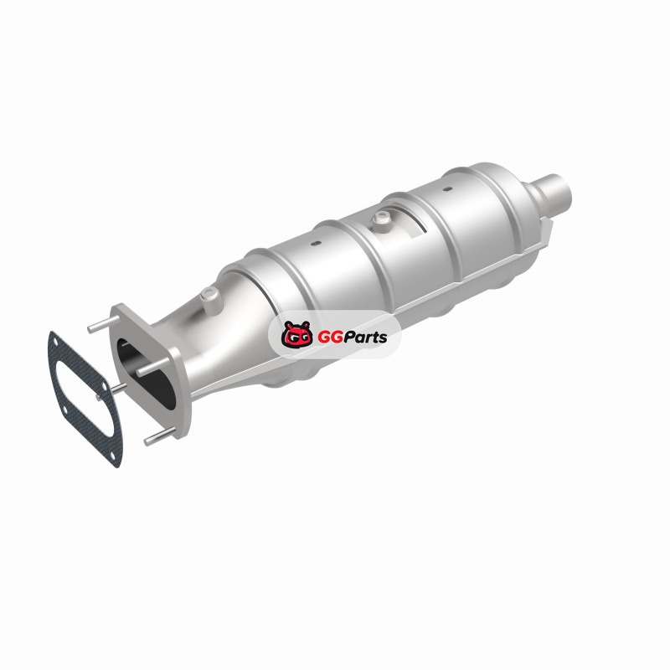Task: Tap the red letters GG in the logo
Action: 328,338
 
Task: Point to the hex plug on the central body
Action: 381,221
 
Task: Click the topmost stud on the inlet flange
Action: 103,326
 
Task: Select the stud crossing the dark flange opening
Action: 152,367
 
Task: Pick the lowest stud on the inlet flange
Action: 160,437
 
